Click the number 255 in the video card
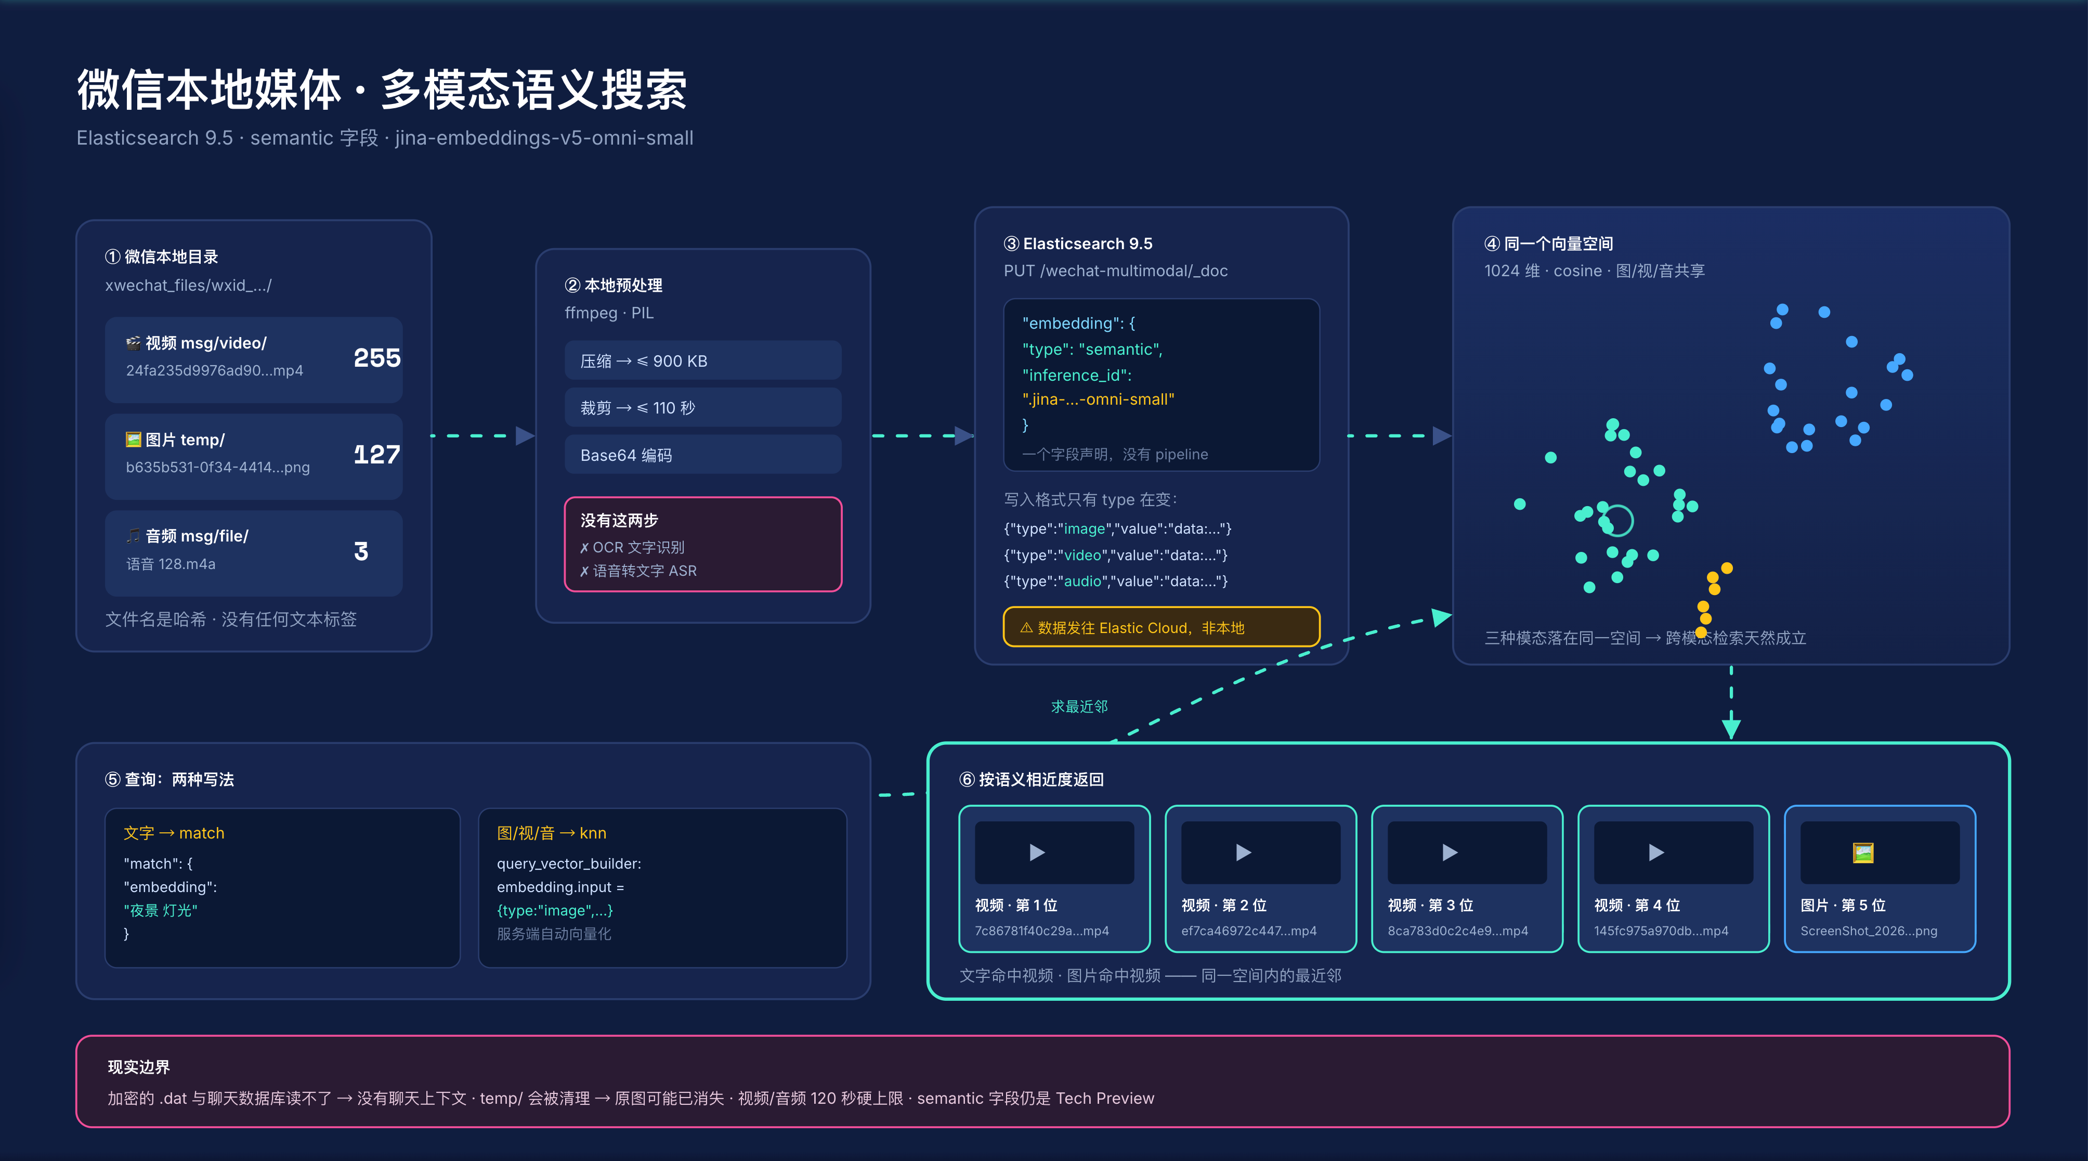pyautogui.click(x=377, y=357)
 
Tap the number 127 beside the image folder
pyautogui.click(x=377, y=454)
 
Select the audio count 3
pyautogui.click(x=361, y=551)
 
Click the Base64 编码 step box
pyautogui.click(x=703, y=455)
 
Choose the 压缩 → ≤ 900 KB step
pyautogui.click(x=703, y=361)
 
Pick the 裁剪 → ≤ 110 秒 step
pyautogui.click(x=703, y=408)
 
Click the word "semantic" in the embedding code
pyautogui.click(x=1120, y=350)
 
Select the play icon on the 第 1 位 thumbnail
pyautogui.click(x=1037, y=852)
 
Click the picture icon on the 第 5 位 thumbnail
pyautogui.click(x=1863, y=852)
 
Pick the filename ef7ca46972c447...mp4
pyautogui.click(x=1249, y=931)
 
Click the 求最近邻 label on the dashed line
pyautogui.click(x=1079, y=706)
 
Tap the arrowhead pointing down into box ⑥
pyautogui.click(x=1731, y=727)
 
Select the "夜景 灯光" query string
pyautogui.click(x=161, y=910)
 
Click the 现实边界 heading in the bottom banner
pyautogui.click(x=139, y=1067)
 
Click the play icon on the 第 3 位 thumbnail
pyautogui.click(x=1450, y=852)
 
